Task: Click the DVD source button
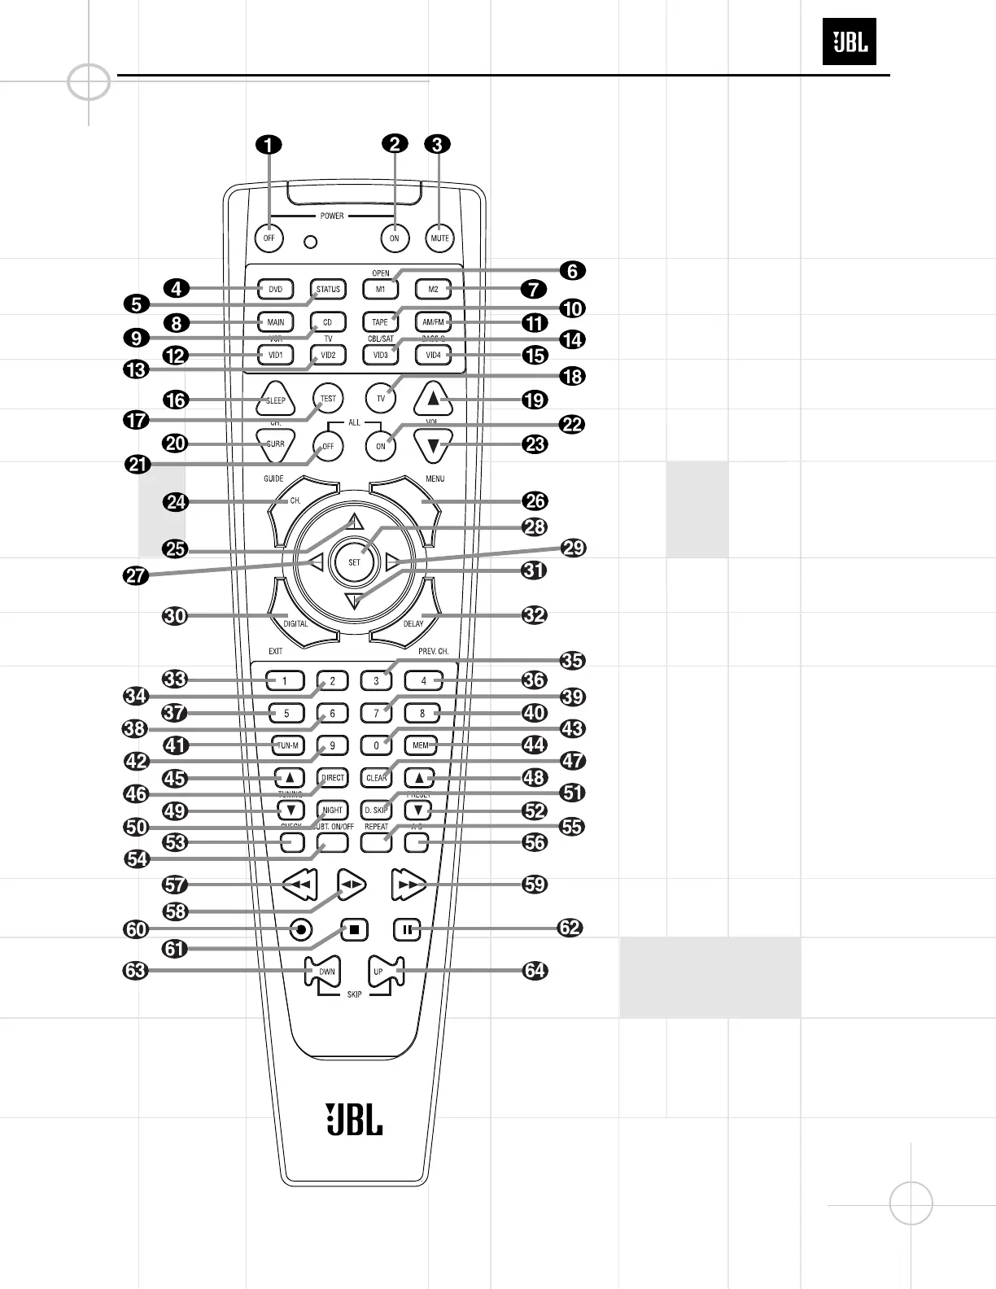[276, 290]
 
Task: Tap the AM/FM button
[433, 322]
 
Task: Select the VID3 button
[380, 355]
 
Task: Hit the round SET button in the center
[355, 562]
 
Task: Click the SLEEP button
[276, 400]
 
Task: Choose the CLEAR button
[377, 778]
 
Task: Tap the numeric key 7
[376, 714]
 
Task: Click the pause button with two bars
[407, 929]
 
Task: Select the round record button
[301, 929]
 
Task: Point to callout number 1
[269, 145]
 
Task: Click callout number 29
[574, 548]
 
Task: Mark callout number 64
[535, 971]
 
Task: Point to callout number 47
[573, 761]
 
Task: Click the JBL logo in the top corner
[850, 42]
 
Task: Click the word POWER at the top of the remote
[332, 216]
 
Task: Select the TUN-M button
[288, 745]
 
